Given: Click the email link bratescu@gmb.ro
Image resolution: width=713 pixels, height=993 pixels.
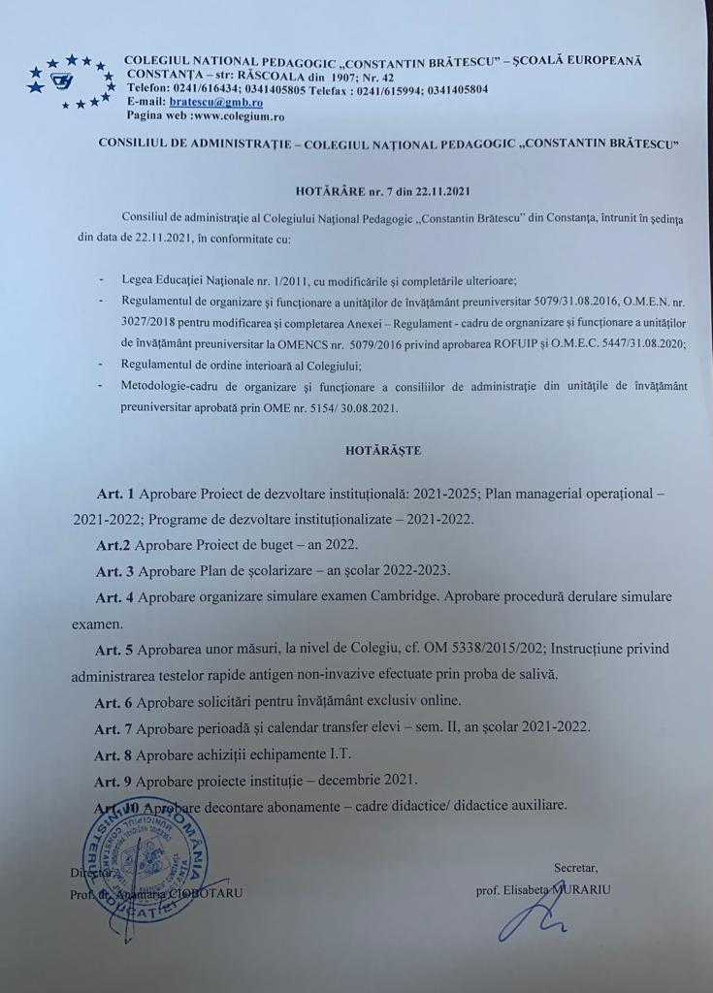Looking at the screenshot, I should (x=211, y=101).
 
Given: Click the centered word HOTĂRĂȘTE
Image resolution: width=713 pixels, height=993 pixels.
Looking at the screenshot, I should (x=384, y=450).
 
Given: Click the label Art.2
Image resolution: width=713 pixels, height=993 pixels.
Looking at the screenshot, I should (x=113, y=544).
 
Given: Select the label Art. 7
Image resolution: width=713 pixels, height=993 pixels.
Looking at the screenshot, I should (x=114, y=727).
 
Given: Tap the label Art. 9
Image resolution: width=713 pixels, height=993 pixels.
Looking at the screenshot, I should (x=114, y=780).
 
